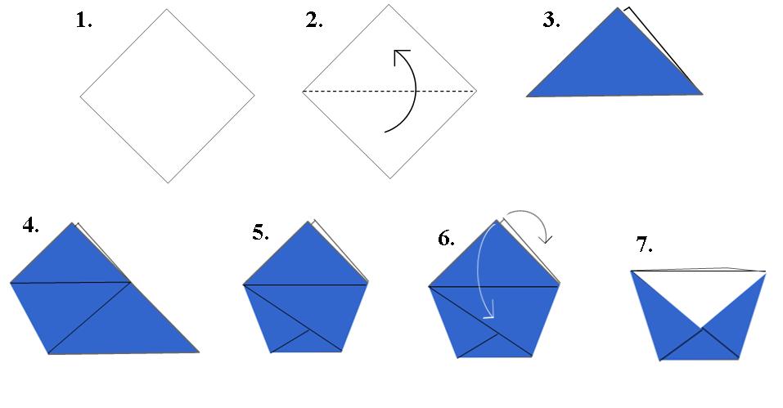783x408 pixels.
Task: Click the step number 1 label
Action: [x=83, y=21]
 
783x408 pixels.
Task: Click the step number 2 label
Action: [x=314, y=21]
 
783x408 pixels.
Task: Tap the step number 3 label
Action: [x=551, y=21]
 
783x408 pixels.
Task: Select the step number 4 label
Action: [x=31, y=226]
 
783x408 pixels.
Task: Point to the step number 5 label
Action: [x=261, y=233]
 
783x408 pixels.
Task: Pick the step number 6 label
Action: [x=446, y=238]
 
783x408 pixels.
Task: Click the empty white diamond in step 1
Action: [x=167, y=96]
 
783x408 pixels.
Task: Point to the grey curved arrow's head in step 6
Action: [x=547, y=240]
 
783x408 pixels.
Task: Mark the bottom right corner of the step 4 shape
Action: [x=198, y=352]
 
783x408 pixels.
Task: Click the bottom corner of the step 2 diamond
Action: [x=389, y=177]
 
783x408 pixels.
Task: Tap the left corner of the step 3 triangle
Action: [x=528, y=96]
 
